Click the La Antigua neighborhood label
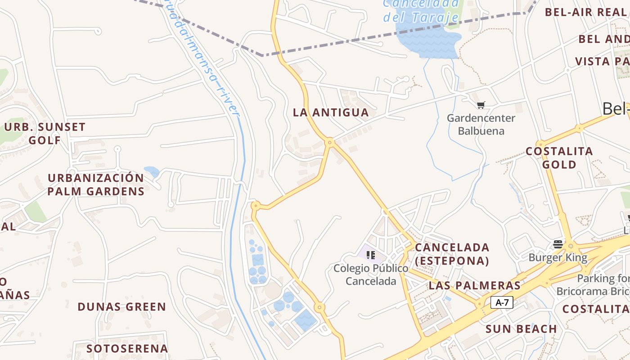click(x=331, y=112)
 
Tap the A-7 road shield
click(x=502, y=302)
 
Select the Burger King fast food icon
click(x=558, y=244)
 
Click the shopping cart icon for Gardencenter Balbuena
click(x=481, y=105)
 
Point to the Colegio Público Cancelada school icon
click(x=371, y=255)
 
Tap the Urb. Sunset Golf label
click(x=45, y=133)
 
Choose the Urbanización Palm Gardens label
click(x=96, y=184)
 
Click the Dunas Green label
click(x=122, y=307)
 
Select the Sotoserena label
click(x=127, y=348)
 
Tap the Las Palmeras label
click(x=475, y=285)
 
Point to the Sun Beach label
click(x=521, y=329)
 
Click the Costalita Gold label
click(x=559, y=157)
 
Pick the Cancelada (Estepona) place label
click(x=452, y=254)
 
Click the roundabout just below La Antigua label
click(x=330, y=143)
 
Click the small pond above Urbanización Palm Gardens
click(x=152, y=171)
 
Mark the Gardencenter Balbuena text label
click(x=481, y=125)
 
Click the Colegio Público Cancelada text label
click(x=371, y=274)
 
